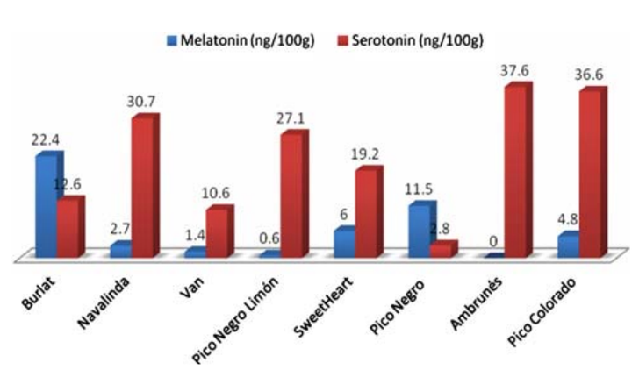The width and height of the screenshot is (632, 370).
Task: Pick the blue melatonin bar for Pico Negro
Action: click(421, 231)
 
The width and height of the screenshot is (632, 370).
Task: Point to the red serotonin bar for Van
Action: click(217, 233)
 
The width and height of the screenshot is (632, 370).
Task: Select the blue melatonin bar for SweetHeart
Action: click(346, 244)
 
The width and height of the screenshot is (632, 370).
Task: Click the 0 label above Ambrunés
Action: click(493, 240)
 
